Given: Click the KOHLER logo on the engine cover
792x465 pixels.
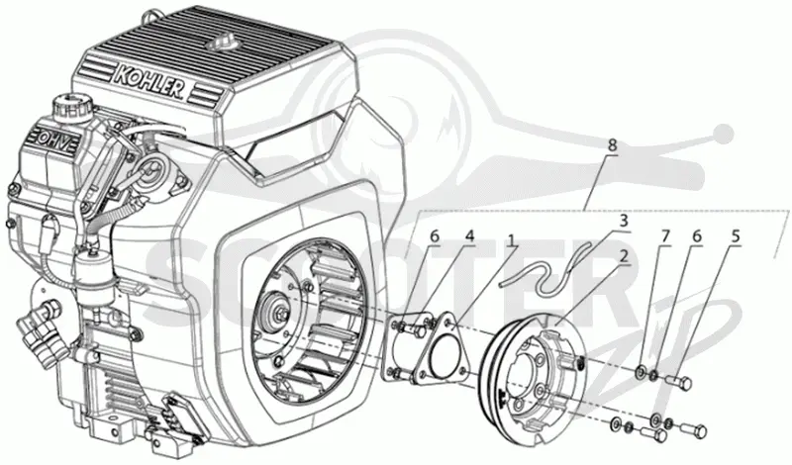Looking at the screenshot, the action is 148,81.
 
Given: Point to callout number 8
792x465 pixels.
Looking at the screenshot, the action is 612,145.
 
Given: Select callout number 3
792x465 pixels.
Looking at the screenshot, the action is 624,221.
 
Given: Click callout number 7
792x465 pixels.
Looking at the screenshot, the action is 665,236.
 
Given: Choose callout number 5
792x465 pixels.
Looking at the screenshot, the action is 736,236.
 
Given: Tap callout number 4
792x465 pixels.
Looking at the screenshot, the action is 470,236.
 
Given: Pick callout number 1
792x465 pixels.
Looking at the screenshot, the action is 513,240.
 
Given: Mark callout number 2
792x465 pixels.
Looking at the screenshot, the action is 624,256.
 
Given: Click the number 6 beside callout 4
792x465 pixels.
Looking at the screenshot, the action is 435,236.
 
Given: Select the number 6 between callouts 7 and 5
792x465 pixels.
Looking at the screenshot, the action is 697,236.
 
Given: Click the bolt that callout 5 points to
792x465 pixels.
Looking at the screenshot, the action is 679,383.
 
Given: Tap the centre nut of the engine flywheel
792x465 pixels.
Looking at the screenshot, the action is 279,314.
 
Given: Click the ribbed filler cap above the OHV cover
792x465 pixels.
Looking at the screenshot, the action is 69,107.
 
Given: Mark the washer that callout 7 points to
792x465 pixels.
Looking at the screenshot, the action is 641,373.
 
